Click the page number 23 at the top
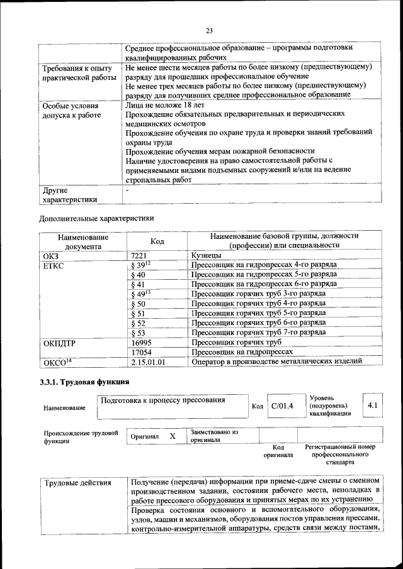click(x=210, y=29)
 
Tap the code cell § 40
click(x=139, y=275)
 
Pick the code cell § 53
click(x=139, y=332)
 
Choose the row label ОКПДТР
click(x=60, y=342)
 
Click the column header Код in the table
click(x=157, y=241)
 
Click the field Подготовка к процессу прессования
click(x=163, y=400)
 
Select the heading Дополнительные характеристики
click(x=96, y=218)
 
